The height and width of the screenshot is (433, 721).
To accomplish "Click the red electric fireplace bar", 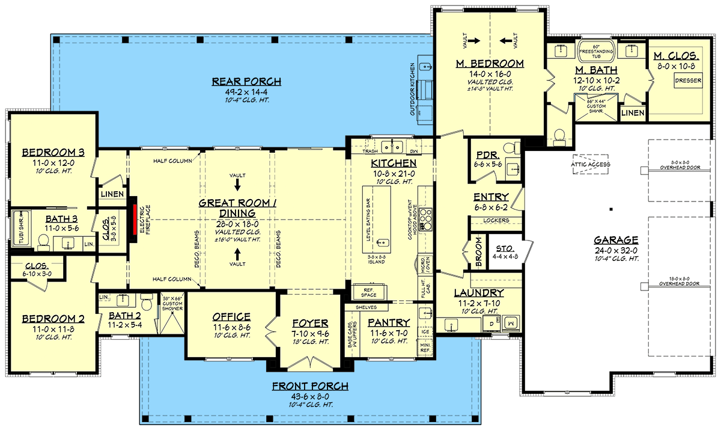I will click(136, 222).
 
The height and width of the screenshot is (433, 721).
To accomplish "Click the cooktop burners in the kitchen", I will click(426, 219).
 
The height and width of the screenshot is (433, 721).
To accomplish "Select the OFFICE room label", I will click(231, 317).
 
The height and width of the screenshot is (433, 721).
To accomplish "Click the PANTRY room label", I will click(389, 322).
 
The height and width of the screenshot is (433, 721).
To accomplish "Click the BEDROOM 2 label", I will click(53, 319).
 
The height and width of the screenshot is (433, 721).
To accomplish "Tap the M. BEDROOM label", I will click(490, 64).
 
